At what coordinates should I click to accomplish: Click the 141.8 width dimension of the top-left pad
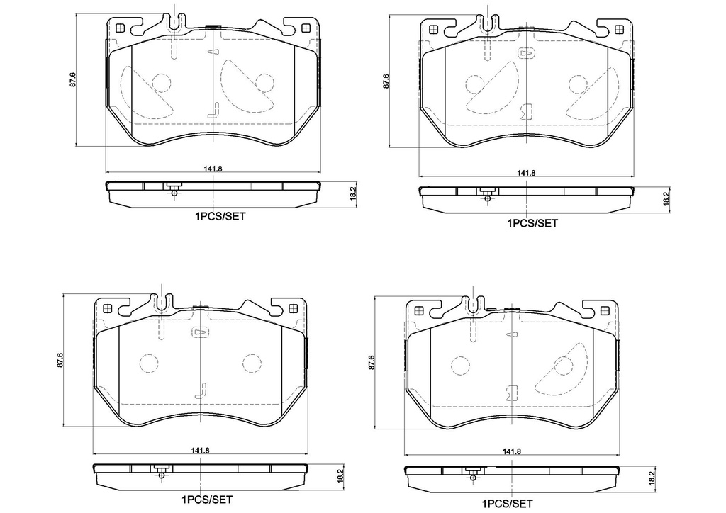click(x=213, y=169)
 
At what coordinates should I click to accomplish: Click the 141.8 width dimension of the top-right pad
click(x=526, y=173)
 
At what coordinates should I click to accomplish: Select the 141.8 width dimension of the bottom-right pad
click(x=512, y=451)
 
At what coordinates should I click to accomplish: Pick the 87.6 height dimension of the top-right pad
click(x=386, y=81)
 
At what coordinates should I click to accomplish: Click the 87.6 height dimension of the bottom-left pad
click(x=60, y=359)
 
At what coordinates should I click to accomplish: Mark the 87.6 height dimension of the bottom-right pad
click(x=371, y=363)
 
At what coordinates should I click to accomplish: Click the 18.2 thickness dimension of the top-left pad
click(x=353, y=193)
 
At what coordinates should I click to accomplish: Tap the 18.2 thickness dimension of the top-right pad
click(x=666, y=199)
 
